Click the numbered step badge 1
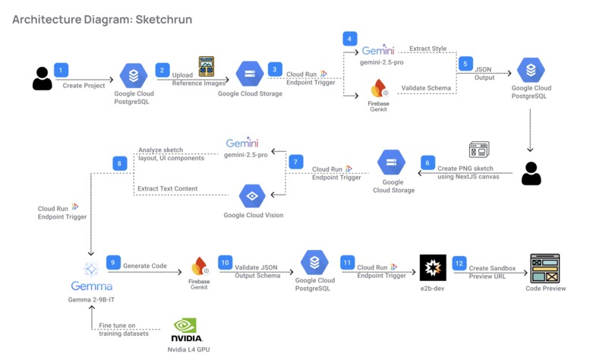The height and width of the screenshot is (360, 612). click(x=62, y=70)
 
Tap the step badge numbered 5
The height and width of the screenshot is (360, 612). click(x=465, y=65)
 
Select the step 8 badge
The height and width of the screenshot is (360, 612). click(x=119, y=163)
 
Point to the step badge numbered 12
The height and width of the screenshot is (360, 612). click(x=458, y=262)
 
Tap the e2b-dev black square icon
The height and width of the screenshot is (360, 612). click(x=433, y=267)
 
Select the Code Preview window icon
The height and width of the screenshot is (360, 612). click(x=544, y=268)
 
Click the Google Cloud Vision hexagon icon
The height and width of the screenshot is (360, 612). click(x=252, y=196)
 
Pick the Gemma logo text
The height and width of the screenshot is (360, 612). click(x=91, y=286)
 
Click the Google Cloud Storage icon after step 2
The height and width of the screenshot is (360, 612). click(x=249, y=74)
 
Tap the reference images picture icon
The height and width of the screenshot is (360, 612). click(x=206, y=66)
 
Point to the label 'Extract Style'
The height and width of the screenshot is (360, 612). click(x=428, y=49)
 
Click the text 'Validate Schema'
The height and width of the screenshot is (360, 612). click(x=426, y=88)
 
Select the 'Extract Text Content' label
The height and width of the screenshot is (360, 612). click(x=167, y=188)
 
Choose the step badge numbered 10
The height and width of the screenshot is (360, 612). click(x=225, y=262)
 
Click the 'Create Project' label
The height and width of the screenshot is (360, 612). click(x=83, y=86)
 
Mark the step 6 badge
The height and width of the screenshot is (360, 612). click(x=427, y=163)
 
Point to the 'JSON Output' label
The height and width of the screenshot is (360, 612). click(x=483, y=73)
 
